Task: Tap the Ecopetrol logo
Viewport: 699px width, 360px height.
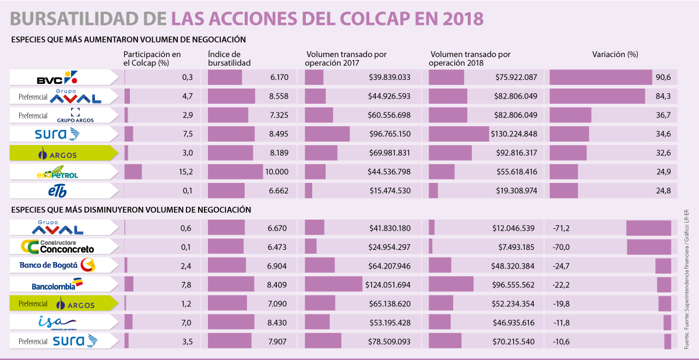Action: [x=57, y=173]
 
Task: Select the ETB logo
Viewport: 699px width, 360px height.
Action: [x=57, y=191]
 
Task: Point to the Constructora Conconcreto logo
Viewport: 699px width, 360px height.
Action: [x=57, y=247]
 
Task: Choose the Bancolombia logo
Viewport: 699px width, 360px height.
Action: [x=57, y=285]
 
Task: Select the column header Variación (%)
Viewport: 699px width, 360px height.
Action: [x=615, y=54]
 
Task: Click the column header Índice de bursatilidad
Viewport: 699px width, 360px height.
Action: [x=230, y=58]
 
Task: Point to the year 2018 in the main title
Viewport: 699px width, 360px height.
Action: [x=463, y=18]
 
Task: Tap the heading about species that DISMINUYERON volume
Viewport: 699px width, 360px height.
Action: [x=131, y=210]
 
